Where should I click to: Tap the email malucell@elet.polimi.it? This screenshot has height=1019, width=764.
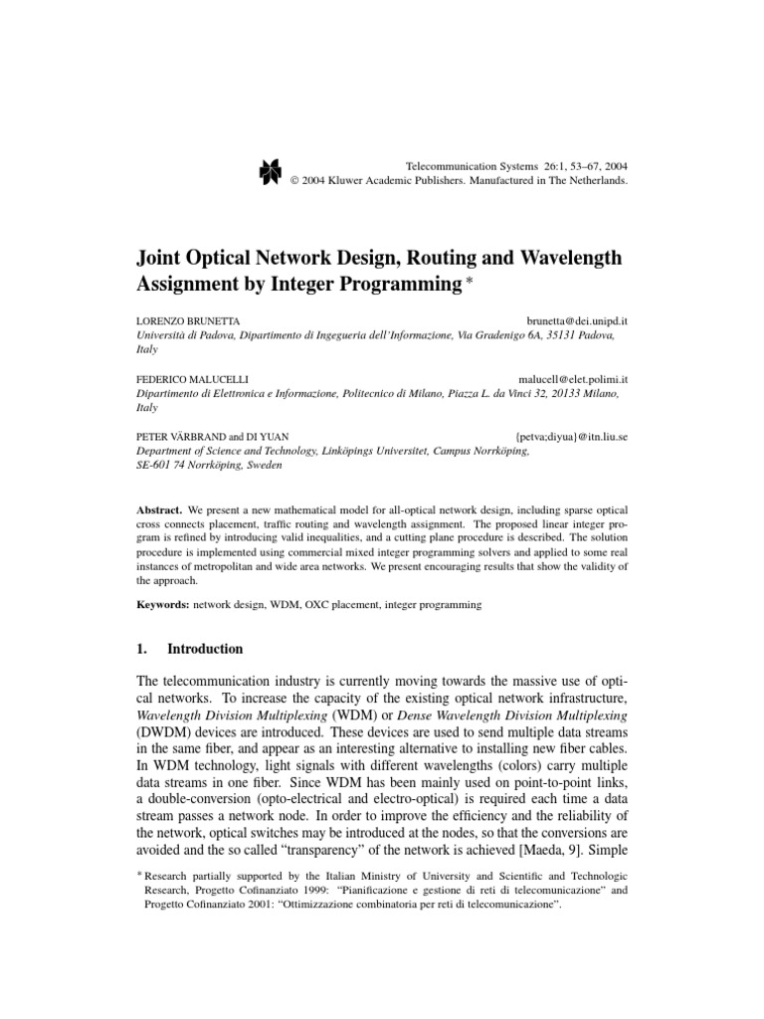pos(573,380)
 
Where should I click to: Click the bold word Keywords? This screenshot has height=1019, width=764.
pos(162,604)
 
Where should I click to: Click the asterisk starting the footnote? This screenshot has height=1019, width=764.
pos(138,872)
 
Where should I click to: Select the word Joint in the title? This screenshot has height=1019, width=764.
pos(161,259)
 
